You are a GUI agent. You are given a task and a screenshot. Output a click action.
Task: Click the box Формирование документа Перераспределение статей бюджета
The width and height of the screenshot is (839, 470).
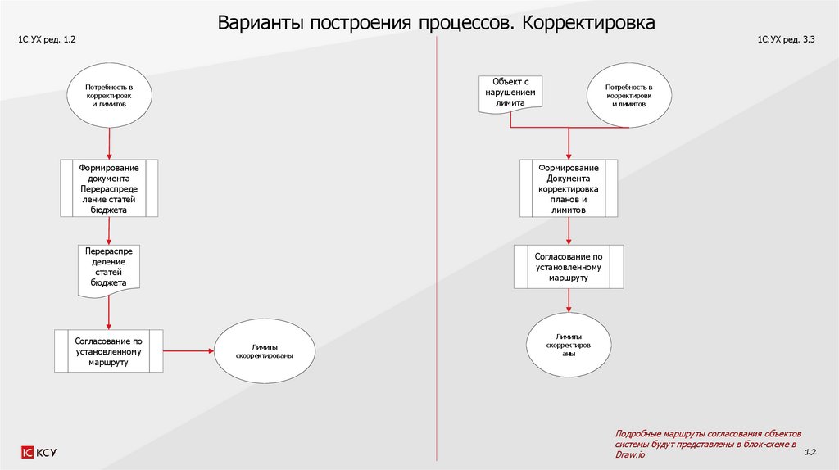pos(109,188)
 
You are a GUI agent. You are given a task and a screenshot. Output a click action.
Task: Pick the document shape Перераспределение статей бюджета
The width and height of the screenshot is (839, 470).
pos(109,269)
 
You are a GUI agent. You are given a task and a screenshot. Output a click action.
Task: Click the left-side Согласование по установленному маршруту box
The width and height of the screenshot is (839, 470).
pos(109,351)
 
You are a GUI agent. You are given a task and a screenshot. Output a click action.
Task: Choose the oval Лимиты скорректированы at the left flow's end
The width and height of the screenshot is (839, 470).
pos(265,351)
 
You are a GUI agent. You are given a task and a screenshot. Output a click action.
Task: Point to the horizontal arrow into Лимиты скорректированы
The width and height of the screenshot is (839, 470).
pos(188,351)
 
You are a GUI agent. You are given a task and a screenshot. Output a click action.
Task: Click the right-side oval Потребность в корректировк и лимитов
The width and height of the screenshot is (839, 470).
pos(628,95)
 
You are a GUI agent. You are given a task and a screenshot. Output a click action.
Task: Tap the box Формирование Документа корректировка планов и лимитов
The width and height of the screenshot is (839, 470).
pos(568,188)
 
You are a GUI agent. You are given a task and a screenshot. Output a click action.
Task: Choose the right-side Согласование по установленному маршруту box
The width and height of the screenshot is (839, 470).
pos(568,267)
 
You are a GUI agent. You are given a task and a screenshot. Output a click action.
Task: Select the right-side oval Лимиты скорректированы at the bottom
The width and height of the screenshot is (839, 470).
pos(568,346)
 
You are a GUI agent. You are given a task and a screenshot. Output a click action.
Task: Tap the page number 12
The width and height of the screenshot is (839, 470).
pos(812,451)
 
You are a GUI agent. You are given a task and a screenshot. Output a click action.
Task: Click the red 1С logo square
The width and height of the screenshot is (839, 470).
pos(27,452)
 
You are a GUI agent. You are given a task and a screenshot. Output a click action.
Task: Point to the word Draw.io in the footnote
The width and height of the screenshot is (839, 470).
pos(629,454)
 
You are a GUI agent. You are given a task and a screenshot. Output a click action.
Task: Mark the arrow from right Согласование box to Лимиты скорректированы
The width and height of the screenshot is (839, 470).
pos(568,301)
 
